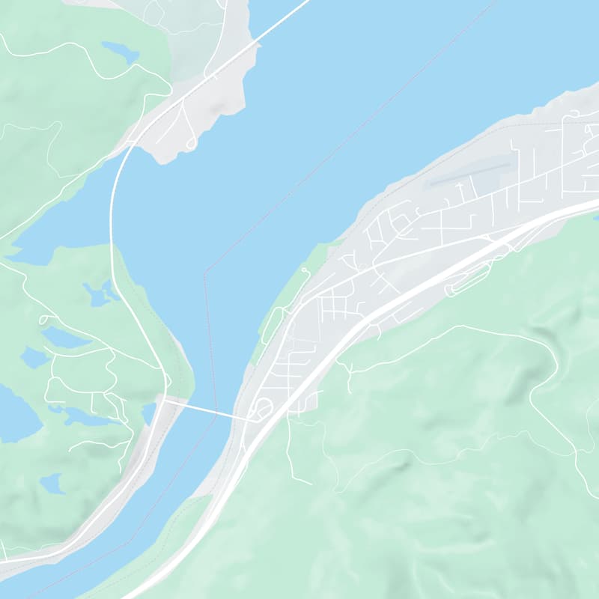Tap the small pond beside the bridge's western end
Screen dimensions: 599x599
click(148, 413)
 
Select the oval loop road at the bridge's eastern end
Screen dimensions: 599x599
click(263, 409)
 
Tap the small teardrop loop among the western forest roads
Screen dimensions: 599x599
click(45, 320)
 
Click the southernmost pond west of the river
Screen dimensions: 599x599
click(52, 483)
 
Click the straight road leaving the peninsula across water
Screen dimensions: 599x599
click(281, 19)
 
